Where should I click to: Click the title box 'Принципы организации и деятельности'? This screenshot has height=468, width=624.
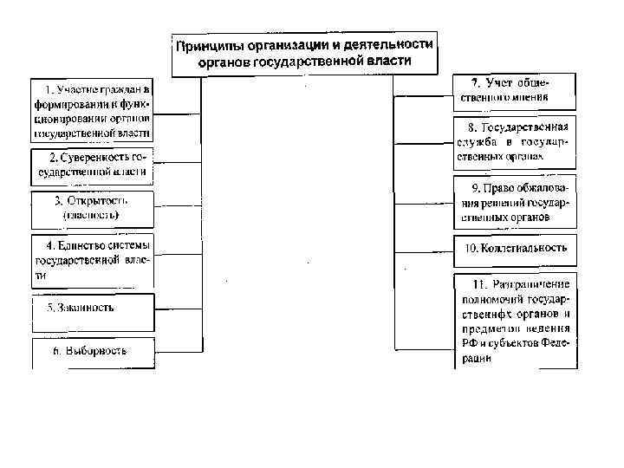click(304, 54)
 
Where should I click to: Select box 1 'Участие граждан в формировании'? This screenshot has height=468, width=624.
click(93, 111)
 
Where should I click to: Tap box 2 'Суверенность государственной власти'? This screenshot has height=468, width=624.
click(93, 165)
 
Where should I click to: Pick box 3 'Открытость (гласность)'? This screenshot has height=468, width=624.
click(93, 206)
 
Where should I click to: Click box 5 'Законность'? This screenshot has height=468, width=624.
click(93, 308)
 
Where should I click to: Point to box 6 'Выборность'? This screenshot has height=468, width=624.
click(93, 351)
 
